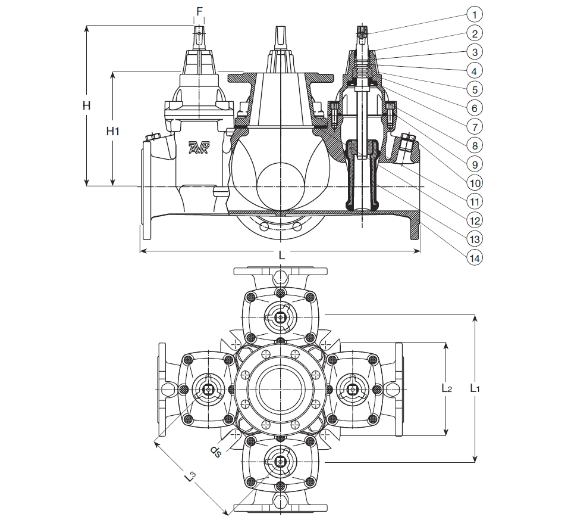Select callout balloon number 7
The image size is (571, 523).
tap(474, 126)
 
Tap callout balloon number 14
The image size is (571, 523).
tap(474, 257)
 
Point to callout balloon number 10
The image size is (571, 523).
tap(474, 182)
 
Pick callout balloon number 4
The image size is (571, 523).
tap(474, 70)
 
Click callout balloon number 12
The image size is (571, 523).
tap(474, 220)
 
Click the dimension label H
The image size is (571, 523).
tap(86, 106)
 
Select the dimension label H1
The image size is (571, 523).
tap(113, 131)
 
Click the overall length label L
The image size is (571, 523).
tap(282, 256)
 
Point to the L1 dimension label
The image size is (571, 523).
tap(475, 388)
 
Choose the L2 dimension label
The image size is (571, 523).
tap(447, 388)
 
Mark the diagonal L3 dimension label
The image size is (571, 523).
tap(190, 477)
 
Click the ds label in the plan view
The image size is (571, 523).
tap(217, 451)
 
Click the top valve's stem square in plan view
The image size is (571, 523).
tap(280, 318)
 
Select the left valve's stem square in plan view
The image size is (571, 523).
tap(209, 390)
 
